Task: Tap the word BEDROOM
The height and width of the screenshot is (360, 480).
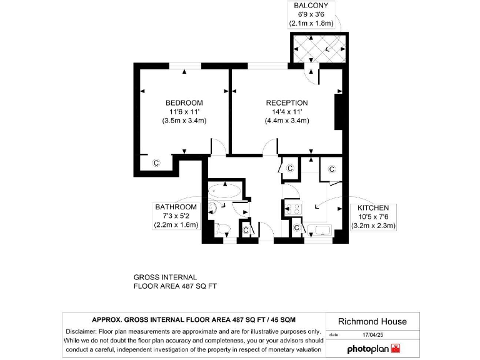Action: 184,103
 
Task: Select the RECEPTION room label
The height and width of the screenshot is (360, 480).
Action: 287,103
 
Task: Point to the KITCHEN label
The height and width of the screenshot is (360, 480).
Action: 373,208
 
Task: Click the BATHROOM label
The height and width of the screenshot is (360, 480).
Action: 176,207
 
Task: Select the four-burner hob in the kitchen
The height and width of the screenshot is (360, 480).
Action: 292,209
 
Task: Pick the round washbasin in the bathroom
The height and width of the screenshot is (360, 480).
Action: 213,208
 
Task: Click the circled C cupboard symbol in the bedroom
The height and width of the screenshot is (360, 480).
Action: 156,163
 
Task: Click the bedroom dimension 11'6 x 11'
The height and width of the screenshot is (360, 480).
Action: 184,112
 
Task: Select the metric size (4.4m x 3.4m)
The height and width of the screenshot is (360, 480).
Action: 287,121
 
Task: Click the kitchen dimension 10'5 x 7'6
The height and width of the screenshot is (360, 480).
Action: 373,217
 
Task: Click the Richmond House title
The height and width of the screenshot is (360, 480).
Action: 372,321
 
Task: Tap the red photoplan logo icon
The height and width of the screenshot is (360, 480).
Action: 394,348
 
